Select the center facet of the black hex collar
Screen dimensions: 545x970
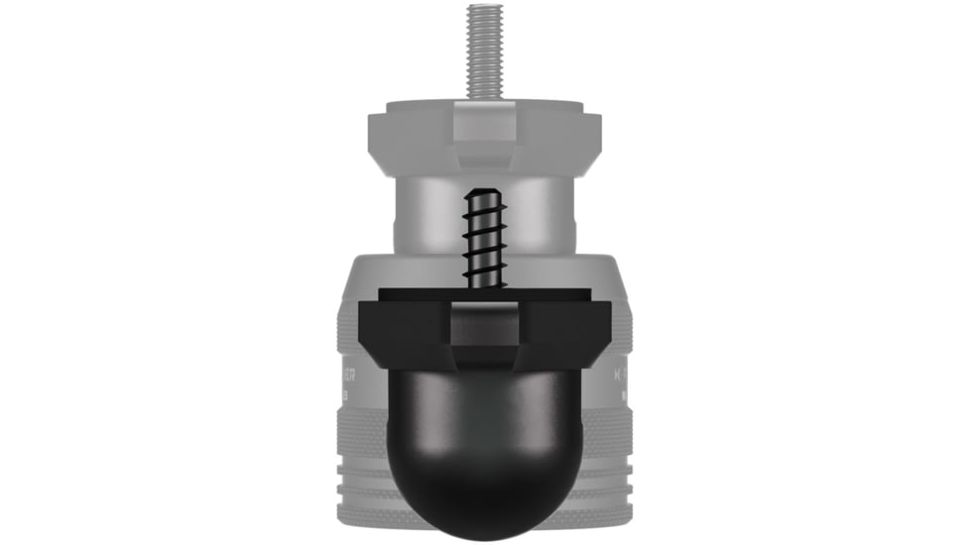click(x=484, y=332)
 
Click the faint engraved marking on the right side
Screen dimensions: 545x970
click(x=623, y=378)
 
